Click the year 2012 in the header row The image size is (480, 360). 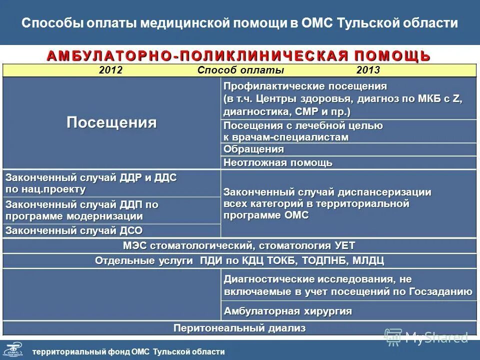click(x=110, y=70)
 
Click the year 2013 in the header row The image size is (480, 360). click(x=368, y=70)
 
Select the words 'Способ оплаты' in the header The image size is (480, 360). click(x=240, y=70)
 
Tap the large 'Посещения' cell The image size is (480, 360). click(x=111, y=122)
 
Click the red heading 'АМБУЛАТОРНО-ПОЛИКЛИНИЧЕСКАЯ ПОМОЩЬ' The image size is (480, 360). click(x=239, y=55)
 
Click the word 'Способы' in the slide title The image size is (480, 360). click(x=46, y=23)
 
